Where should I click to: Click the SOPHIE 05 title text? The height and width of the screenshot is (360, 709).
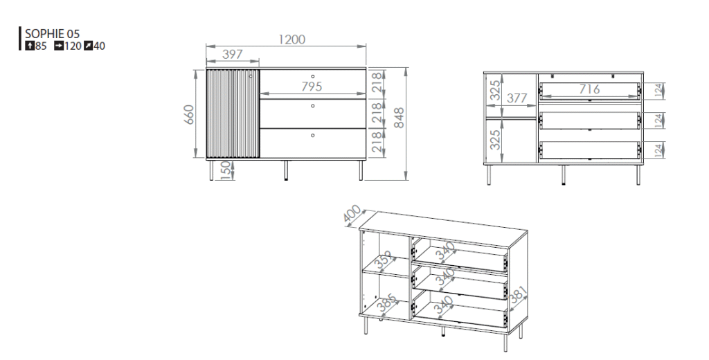click(x=52, y=33)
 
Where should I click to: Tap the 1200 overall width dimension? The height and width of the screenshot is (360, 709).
click(x=291, y=39)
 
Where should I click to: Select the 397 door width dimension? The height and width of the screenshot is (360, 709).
click(x=233, y=54)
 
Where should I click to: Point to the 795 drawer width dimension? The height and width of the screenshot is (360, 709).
click(x=312, y=86)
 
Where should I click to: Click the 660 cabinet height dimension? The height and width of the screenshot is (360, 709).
click(x=189, y=114)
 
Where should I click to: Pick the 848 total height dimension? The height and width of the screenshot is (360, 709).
click(x=399, y=118)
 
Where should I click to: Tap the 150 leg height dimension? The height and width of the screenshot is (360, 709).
click(x=226, y=171)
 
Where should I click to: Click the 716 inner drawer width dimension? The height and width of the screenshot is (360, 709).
click(x=590, y=89)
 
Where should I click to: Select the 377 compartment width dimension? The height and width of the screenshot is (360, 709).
click(x=517, y=98)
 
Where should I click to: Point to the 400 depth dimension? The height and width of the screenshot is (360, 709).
click(x=352, y=214)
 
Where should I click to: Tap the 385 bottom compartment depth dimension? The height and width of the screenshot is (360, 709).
click(x=388, y=303)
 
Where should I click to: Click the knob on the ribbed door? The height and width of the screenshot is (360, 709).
click(x=251, y=76)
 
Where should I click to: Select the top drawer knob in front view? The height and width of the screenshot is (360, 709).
click(x=312, y=76)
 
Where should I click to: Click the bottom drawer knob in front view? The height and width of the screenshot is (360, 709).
click(x=312, y=135)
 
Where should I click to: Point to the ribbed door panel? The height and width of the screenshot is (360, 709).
click(x=233, y=114)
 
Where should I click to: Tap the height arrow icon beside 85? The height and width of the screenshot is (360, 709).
click(x=30, y=46)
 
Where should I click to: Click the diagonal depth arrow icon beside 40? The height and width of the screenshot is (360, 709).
click(x=88, y=46)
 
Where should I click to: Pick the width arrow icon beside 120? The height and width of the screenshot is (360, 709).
click(x=59, y=46)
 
